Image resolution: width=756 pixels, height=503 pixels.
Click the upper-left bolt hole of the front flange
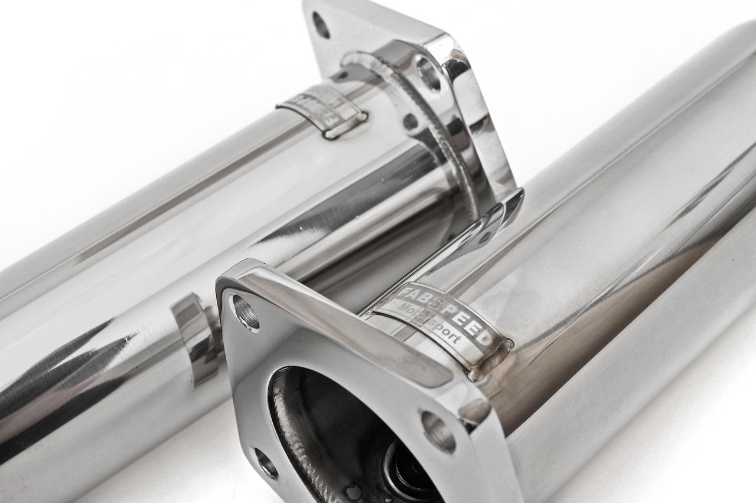[x=246, y=313]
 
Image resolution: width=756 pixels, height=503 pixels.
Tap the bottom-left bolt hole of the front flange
[x=266, y=463]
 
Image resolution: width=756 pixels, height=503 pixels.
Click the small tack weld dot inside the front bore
[x=354, y=491]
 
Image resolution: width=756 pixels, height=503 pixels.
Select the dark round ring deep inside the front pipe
[x=408, y=472]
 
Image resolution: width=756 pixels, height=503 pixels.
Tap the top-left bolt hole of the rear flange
[x=321, y=25]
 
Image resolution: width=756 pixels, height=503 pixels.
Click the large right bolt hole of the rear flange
[x=429, y=73]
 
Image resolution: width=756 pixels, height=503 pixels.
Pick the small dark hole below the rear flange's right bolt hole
[x=410, y=121]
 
